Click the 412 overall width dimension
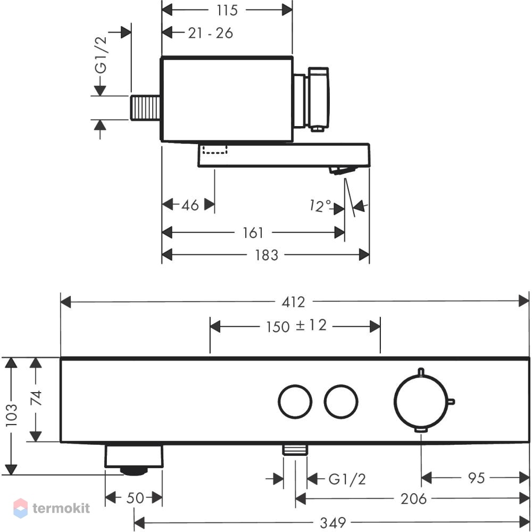pyautogui.click(x=294, y=302)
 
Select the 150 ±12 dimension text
pyautogui.click(x=296, y=326)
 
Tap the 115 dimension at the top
pyautogui.click(x=227, y=10)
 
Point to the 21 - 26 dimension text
pyautogui.click(x=210, y=33)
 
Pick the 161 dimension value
pyautogui.click(x=253, y=233)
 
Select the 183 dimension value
pyautogui.click(x=267, y=255)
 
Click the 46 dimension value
pyautogui.click(x=190, y=205)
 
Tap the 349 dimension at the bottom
pyautogui.click(x=333, y=522)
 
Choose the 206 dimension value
pyautogui.click(x=413, y=499)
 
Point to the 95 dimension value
pyautogui.click(x=476, y=478)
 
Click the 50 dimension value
pyautogui.click(x=135, y=498)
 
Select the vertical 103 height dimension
pyautogui.click(x=12, y=415)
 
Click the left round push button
pyautogui.click(x=295, y=402)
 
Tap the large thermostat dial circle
pyautogui.click(x=421, y=401)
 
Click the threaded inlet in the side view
pyautogui.click(x=145, y=107)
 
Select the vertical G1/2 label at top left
pyautogui.click(x=101, y=55)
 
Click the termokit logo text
pyautogui.click(x=61, y=508)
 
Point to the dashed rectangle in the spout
pyautogui.click(x=215, y=149)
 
